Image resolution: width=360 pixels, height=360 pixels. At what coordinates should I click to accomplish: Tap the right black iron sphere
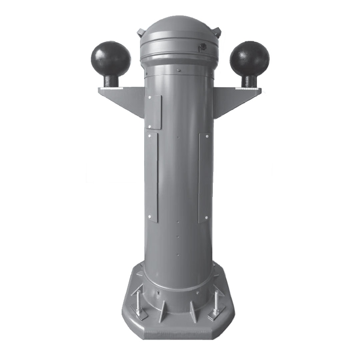pos(249,59)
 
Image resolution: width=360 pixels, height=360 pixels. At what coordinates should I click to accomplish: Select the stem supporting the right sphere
pos(249,81)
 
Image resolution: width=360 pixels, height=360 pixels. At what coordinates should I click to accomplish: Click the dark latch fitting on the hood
pos(202,48)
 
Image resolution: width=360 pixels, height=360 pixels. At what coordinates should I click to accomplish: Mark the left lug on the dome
pos(141,32)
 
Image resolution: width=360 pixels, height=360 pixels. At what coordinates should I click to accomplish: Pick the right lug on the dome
pos(218,32)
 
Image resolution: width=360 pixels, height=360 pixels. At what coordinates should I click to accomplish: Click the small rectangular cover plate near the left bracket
pos(154,112)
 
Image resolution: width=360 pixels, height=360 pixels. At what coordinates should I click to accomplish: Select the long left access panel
pos(151,177)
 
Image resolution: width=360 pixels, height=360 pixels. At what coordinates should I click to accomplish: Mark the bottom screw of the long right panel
pos(206,217)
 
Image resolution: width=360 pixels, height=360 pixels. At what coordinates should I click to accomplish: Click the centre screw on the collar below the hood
pos(179,70)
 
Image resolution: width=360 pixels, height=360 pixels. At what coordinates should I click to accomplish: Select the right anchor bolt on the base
pos(216,302)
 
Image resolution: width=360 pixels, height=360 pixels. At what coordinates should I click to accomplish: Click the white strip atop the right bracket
pos(247,88)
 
